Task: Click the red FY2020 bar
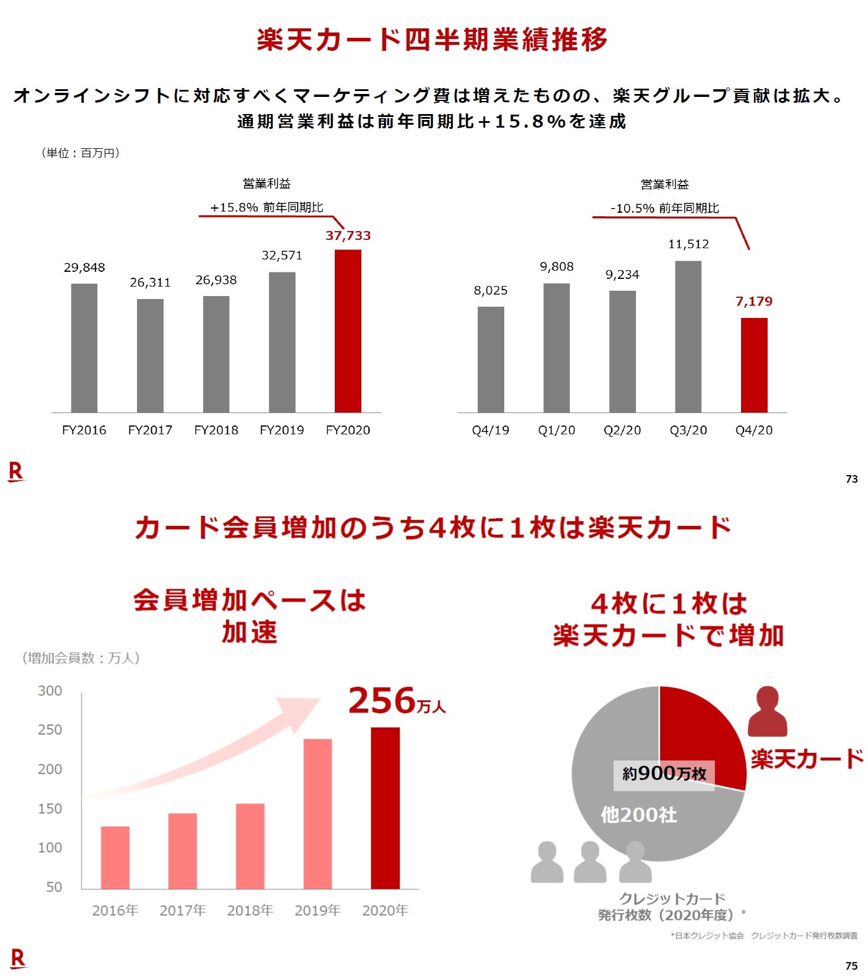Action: coord(348,331)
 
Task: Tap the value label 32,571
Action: coord(282,255)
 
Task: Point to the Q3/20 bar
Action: coord(688,337)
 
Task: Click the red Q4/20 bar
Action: coord(754,365)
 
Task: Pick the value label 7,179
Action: coord(754,301)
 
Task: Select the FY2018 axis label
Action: coord(216,430)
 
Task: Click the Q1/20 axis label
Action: coord(556,430)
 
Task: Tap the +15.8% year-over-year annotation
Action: coord(267,207)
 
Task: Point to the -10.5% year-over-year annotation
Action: coord(664,208)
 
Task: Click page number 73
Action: coord(851,479)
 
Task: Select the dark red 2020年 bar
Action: coord(385,808)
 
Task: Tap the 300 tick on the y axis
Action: coord(50,691)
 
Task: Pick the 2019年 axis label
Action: coord(318,910)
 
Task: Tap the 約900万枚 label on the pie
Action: coord(664,774)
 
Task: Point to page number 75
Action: coord(851,966)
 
